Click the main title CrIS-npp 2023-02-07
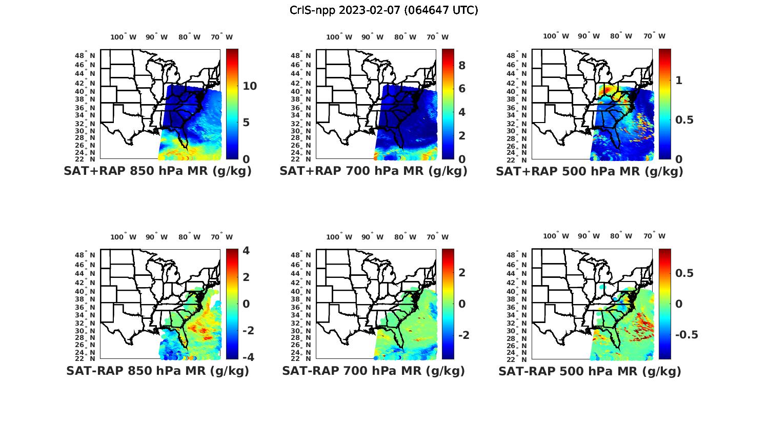click(383, 10)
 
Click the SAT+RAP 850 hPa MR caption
click(157, 171)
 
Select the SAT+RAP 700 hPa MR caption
click(373, 171)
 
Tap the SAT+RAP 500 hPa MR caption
click(589, 171)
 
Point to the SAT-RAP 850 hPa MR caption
click(157, 371)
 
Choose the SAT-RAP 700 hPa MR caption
click(373, 371)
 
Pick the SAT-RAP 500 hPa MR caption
click(589, 371)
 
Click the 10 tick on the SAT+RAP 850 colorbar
click(250, 86)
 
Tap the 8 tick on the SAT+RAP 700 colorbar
click(462, 66)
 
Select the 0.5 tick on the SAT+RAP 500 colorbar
click(685, 120)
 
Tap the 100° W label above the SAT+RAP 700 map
click(339, 37)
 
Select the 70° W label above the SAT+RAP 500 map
click(655, 36)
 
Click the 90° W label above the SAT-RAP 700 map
click(373, 237)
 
